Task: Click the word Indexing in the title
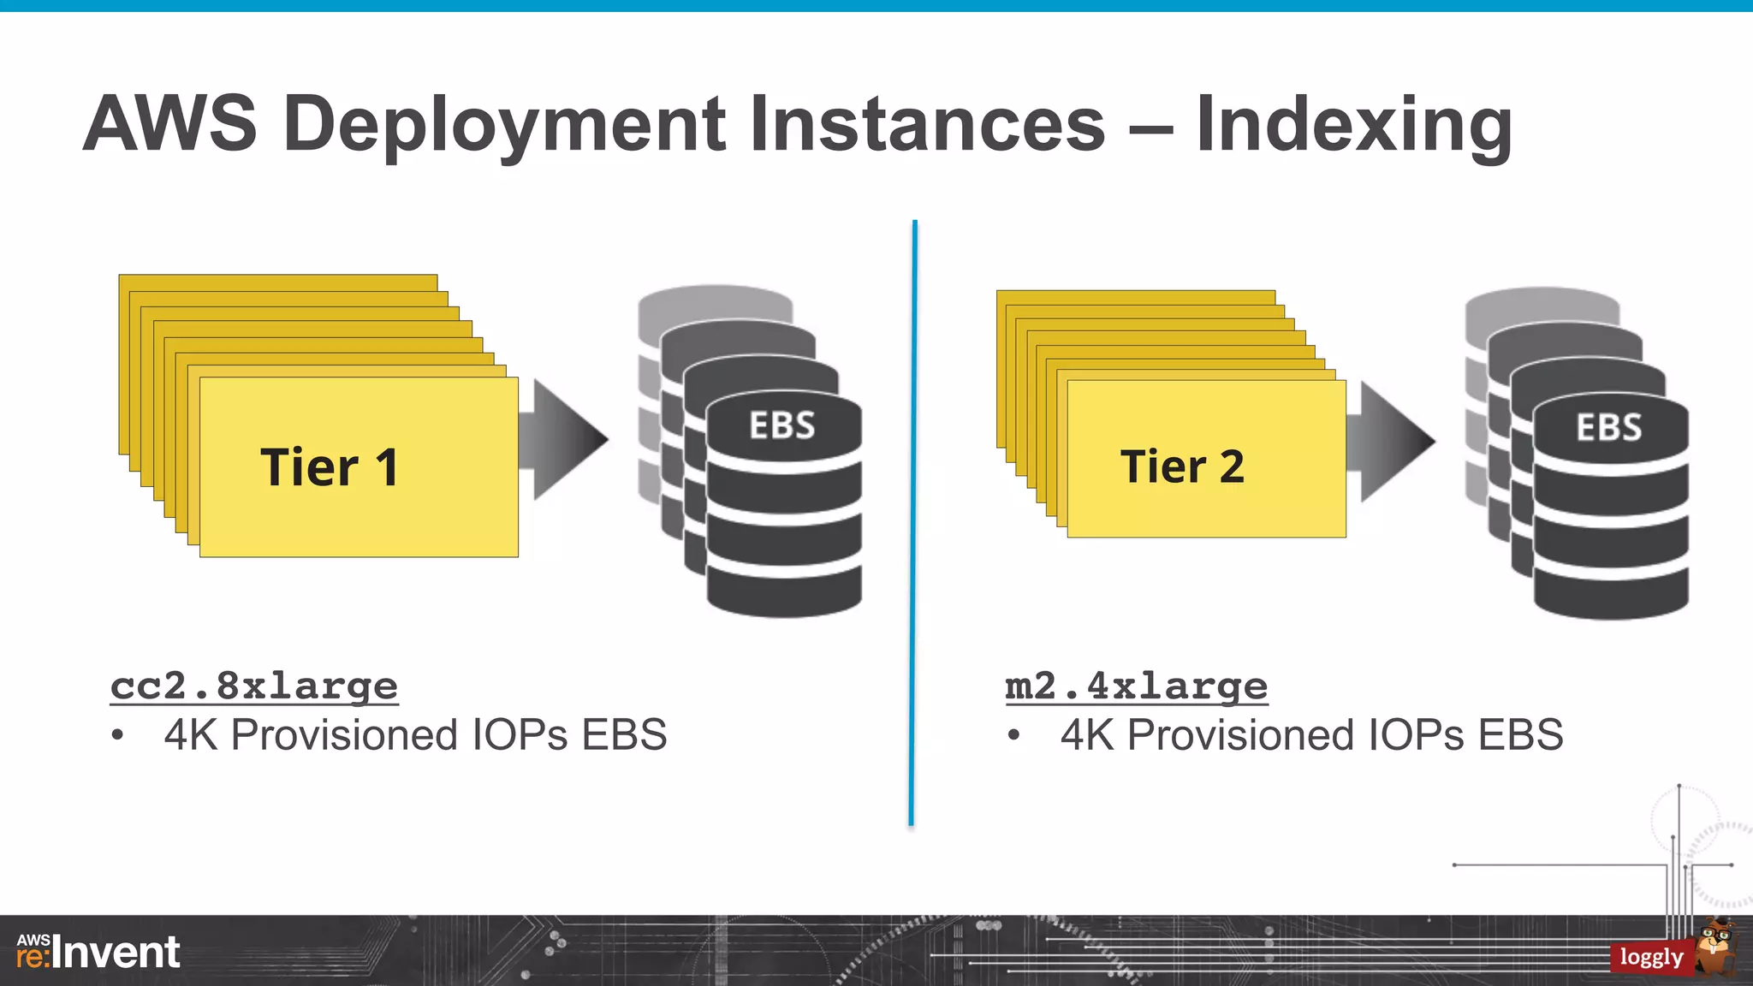tap(1353, 126)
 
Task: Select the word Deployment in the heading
tap(511, 126)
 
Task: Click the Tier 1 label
tap(330, 468)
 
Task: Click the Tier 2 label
tap(1182, 467)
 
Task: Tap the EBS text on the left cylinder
tap(782, 425)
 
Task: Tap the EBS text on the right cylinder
tap(1609, 427)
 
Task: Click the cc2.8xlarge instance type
tap(254, 686)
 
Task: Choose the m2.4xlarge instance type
tap(1136, 686)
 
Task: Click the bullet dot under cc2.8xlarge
tap(118, 735)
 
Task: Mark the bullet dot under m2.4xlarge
tap(1013, 735)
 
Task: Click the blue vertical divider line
tap(913, 522)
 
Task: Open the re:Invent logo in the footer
tap(98, 953)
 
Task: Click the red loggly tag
tap(1650, 957)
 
